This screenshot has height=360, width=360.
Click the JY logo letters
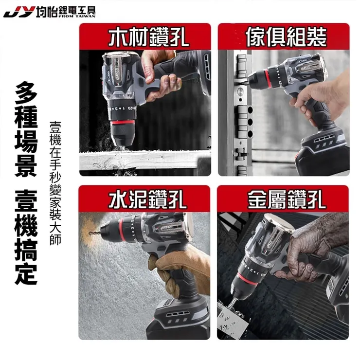[x=19, y=12]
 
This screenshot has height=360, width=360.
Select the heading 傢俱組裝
[x=287, y=37]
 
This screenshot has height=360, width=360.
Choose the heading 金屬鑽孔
[x=287, y=199]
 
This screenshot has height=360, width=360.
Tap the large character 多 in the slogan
[x=26, y=92]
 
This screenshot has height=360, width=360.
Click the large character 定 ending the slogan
[x=26, y=274]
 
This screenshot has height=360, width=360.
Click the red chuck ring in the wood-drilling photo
[x=122, y=123]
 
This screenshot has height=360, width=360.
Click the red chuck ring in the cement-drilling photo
[x=122, y=230]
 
